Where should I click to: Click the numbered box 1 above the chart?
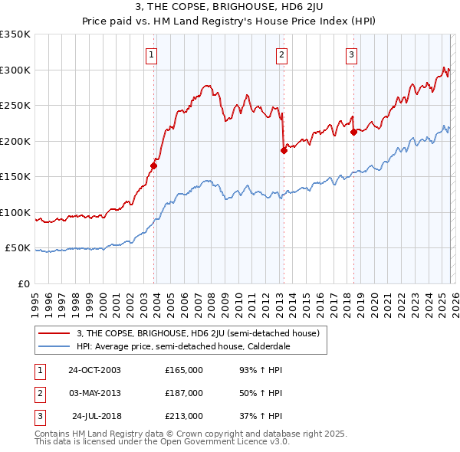pos(151,54)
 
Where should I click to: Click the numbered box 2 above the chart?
pos(281,54)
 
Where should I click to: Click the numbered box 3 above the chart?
pos(351,54)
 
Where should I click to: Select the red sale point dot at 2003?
pos(154,165)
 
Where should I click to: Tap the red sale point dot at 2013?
pos(284,150)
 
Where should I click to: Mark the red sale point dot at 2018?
pos(353,132)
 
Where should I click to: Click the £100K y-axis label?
pos(15,212)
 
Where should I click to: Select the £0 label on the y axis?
pos(23,283)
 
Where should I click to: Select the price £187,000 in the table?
pos(184,393)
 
